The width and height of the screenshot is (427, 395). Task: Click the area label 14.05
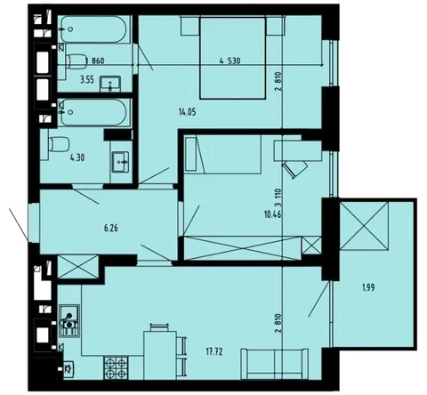(188, 112)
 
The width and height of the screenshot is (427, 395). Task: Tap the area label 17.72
(214, 352)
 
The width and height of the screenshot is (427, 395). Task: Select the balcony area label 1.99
(368, 287)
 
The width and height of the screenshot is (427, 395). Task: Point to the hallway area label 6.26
(111, 229)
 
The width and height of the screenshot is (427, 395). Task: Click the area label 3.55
(87, 80)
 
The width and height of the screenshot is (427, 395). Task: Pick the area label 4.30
(77, 157)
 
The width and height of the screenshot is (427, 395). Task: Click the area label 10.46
(272, 214)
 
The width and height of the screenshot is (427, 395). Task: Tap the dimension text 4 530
(230, 61)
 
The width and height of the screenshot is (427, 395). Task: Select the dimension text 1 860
(95, 61)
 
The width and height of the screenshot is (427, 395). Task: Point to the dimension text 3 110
(278, 198)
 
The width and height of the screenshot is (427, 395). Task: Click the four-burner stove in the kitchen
(116, 367)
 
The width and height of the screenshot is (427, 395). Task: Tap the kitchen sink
(69, 320)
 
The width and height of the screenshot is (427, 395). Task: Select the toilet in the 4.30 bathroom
(59, 144)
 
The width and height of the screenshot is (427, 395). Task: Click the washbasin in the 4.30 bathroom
(120, 162)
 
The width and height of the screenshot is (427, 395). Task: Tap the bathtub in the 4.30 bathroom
(94, 112)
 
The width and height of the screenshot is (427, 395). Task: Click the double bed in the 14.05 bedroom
(232, 58)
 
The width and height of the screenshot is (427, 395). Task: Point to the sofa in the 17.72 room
(275, 364)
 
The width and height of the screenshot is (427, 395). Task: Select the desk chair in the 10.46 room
(295, 168)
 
